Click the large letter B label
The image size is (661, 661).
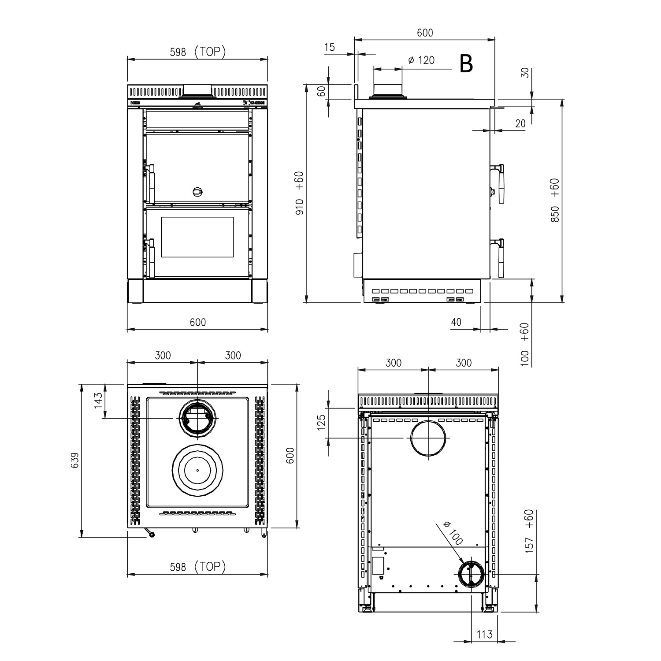pos(466,64)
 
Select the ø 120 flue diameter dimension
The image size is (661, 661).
pos(421,60)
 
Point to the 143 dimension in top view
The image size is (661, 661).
pos(98,401)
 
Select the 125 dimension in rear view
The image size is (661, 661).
pos(321,422)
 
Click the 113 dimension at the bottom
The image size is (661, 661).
pos(484,635)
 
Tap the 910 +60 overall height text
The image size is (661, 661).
pos(300,193)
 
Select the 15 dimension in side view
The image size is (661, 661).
pos(329,47)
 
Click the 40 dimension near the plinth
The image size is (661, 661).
pos(456,322)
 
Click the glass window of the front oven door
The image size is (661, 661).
pos(197,237)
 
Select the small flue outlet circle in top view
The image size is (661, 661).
pos(197,419)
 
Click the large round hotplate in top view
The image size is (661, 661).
pos(197,470)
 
